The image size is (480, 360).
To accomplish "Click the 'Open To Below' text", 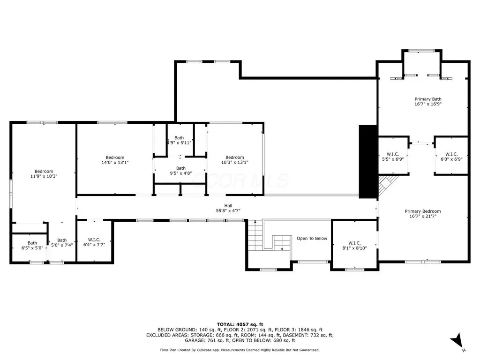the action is [x=312, y=239].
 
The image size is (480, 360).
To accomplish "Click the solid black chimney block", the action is [x=368, y=162].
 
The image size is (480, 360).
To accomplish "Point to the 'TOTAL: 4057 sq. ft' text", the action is [x=240, y=324].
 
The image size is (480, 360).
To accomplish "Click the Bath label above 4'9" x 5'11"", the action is [x=179, y=138].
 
